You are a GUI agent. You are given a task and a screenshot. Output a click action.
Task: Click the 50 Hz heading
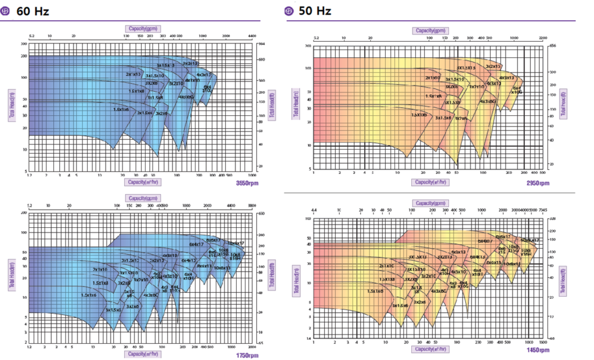(313, 12)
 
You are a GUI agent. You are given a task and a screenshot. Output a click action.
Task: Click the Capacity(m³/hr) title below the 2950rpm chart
(430, 182)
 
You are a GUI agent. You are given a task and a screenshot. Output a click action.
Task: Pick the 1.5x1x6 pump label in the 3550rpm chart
(121, 109)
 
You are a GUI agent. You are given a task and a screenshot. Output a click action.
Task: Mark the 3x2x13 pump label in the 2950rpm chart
(493, 67)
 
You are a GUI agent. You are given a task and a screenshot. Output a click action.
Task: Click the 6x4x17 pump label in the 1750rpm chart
(198, 244)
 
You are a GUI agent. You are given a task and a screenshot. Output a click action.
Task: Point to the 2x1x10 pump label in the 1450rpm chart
(387, 266)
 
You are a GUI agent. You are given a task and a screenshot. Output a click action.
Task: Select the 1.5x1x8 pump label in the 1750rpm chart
(101, 283)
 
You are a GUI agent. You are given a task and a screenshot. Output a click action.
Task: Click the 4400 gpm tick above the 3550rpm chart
(251, 36)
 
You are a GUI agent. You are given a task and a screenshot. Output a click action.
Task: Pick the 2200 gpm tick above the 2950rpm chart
(543, 38)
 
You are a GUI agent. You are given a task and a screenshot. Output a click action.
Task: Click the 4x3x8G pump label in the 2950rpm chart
(488, 101)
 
